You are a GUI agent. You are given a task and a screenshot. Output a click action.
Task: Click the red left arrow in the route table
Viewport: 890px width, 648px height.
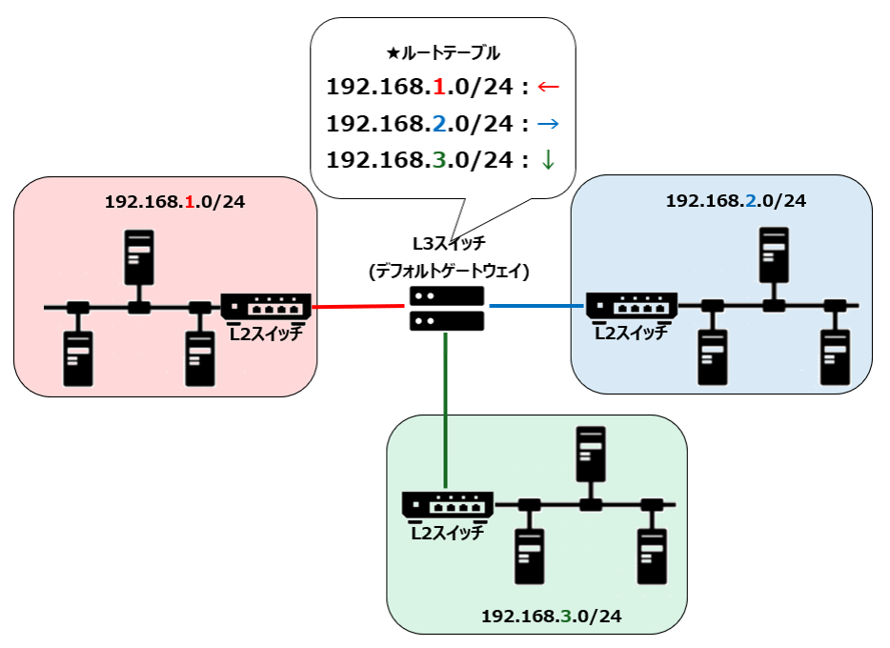click(x=548, y=87)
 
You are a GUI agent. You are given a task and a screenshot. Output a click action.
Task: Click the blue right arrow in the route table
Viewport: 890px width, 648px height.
click(x=548, y=123)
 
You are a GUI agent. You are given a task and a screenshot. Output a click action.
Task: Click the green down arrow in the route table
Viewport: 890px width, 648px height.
click(x=548, y=160)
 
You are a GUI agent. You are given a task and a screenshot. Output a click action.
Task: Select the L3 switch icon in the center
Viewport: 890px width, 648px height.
click(x=446, y=308)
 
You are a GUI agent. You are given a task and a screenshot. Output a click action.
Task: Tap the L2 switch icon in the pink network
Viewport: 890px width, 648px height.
click(x=266, y=306)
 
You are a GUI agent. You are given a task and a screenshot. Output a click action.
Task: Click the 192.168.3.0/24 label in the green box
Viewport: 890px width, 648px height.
click(x=552, y=617)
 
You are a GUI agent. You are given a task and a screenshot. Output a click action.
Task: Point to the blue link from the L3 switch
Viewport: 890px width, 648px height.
click(x=536, y=306)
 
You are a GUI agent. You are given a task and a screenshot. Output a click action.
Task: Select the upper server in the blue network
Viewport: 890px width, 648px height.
click(x=774, y=254)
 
